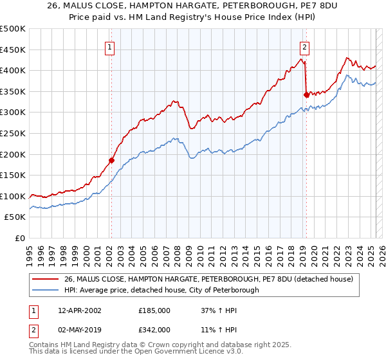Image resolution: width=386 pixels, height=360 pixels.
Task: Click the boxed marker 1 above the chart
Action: [x=111, y=47]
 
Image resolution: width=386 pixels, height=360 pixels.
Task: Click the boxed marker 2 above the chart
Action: [x=304, y=47]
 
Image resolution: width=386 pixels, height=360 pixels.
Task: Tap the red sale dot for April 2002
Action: [x=111, y=161]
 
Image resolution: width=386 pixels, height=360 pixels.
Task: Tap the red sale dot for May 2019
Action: [x=306, y=94]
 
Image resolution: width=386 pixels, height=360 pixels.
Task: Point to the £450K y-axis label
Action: [x=12, y=50]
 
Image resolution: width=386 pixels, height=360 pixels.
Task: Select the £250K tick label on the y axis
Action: [x=12, y=133]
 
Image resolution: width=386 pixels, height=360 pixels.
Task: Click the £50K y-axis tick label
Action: [x=15, y=217]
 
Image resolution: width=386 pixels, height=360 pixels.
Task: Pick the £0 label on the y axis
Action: [x=21, y=239]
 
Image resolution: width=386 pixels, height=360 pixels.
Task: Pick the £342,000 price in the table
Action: [x=154, y=329]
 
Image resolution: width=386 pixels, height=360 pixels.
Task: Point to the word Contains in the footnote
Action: [x=45, y=346]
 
